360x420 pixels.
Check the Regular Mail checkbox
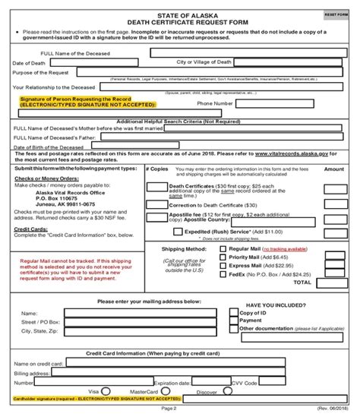[223, 248]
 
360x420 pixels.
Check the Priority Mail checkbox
[223, 257]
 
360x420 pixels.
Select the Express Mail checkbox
[223, 265]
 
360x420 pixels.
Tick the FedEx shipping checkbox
[223, 273]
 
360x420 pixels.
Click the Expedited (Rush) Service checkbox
[178, 231]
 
